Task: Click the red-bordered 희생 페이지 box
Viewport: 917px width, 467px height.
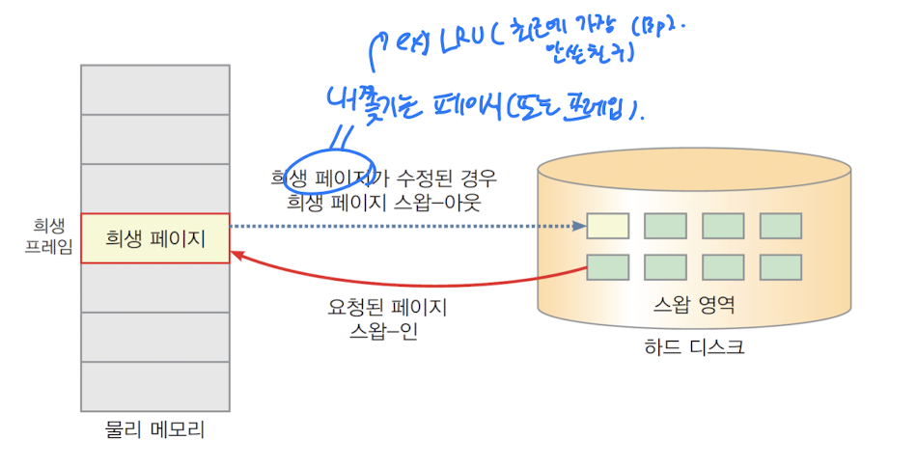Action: (155, 237)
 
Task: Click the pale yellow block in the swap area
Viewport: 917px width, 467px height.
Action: (608, 226)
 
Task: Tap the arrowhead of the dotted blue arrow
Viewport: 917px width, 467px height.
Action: (580, 227)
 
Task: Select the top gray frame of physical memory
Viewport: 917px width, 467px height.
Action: (155, 90)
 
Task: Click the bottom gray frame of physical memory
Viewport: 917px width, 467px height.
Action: (155, 386)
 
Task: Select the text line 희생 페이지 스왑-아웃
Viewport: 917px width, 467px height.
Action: (383, 203)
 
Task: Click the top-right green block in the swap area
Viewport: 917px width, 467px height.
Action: (781, 226)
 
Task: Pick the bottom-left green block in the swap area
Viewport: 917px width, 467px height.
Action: (608, 267)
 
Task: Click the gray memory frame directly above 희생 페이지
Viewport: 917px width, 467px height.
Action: (155, 188)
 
